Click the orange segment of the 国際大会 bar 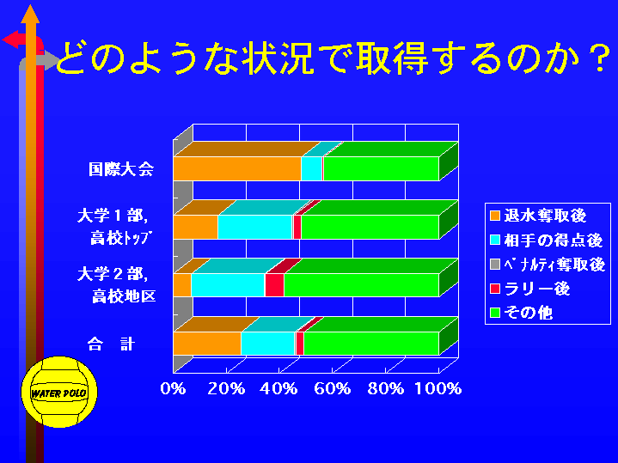[x=237, y=168]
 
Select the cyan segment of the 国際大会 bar [x=312, y=168]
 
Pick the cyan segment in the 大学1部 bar [x=255, y=227]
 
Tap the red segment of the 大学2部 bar [x=274, y=285]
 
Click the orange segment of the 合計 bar [x=207, y=344]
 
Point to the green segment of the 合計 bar [x=371, y=344]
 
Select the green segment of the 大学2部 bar [x=361, y=285]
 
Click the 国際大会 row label [x=121, y=169]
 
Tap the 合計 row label [x=111, y=344]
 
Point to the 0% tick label [x=173, y=388]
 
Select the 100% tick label [x=437, y=388]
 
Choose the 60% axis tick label [x=333, y=388]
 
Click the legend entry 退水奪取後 [x=538, y=216]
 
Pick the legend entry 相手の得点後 [x=547, y=240]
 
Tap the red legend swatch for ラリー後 [x=495, y=289]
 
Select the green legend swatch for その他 [x=495, y=313]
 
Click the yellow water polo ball [x=59, y=392]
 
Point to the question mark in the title [x=600, y=59]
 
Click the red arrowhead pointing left [x=10, y=40]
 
